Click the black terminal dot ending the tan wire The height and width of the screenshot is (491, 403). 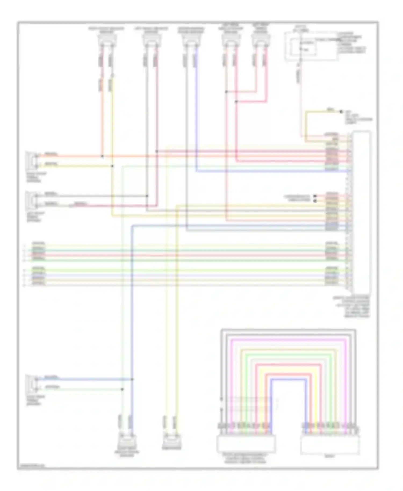pyautogui.click(x=341, y=112)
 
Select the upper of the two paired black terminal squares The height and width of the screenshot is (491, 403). pyautogui.click(x=315, y=196)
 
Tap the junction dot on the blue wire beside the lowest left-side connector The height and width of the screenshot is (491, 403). pyautogui.click(x=132, y=379)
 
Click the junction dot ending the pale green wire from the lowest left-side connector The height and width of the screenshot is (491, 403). pyautogui.click(x=123, y=389)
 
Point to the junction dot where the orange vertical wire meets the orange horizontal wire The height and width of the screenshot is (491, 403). pyautogui.click(x=102, y=156)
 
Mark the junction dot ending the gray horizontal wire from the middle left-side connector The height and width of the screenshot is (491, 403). pyautogui.click(x=147, y=196)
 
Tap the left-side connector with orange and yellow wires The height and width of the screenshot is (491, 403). pyautogui.click(x=32, y=160)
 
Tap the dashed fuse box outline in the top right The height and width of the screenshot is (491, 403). pyautogui.click(x=311, y=46)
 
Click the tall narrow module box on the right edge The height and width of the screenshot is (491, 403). pyautogui.click(x=362, y=212)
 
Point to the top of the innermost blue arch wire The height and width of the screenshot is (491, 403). pyautogui.click(x=289, y=379)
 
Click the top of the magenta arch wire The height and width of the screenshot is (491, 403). pyautogui.click(x=289, y=340)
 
